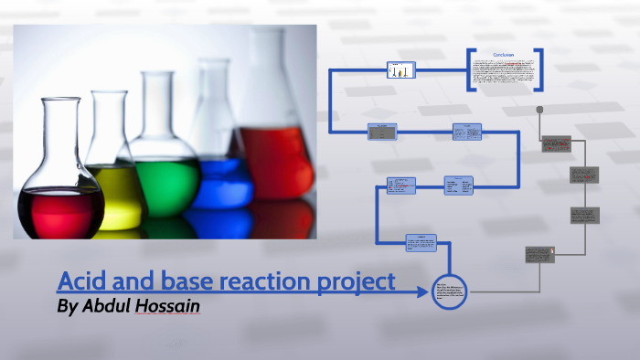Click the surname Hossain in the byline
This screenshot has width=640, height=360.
(169, 306)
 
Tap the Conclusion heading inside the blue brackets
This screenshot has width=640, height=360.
(504, 56)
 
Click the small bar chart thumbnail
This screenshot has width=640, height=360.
(400, 69)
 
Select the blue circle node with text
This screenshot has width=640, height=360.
(449, 292)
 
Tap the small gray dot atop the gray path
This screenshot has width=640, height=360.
(540, 109)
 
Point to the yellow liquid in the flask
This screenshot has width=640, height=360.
(117, 196)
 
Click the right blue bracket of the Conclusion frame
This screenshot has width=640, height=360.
(540, 69)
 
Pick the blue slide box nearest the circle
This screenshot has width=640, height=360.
(421, 242)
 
